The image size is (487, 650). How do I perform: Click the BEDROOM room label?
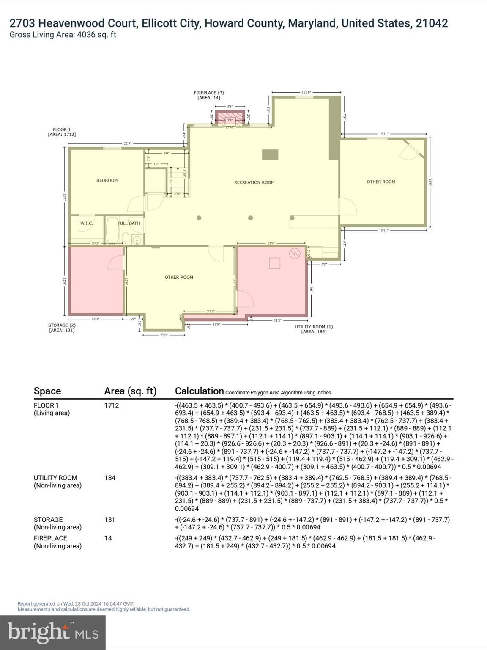[x=107, y=180]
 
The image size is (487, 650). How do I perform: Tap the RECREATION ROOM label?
[x=254, y=182]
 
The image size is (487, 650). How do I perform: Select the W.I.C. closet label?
[x=87, y=223]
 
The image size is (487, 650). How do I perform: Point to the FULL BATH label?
[x=129, y=223]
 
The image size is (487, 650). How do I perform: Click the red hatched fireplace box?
[x=230, y=118]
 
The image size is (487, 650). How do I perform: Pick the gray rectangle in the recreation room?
[x=270, y=154]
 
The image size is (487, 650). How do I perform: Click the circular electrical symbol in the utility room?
[x=294, y=253]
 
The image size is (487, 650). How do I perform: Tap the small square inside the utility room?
[x=275, y=263]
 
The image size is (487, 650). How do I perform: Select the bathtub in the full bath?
[x=112, y=231]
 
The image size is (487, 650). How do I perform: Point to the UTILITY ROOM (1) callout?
[x=314, y=329]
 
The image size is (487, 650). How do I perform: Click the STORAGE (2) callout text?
[x=62, y=328]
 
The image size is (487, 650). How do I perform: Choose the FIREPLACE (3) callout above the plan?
[x=209, y=95]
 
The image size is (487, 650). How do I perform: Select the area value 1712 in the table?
[x=112, y=405]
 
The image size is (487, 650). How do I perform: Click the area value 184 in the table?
[x=110, y=478]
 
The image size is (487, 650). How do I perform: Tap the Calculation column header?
[x=199, y=391]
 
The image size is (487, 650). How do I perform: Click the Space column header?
[x=47, y=391]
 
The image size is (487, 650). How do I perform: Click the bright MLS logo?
[x=53, y=633]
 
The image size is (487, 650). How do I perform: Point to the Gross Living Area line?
[x=63, y=35]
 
